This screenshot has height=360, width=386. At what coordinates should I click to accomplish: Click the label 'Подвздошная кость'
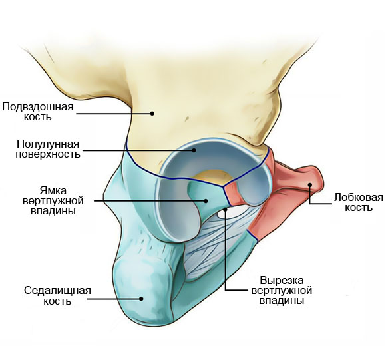tap(38, 112)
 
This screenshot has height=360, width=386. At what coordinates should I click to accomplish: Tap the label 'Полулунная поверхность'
tap(48, 149)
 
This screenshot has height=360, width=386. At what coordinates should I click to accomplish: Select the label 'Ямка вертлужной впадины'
tap(53, 201)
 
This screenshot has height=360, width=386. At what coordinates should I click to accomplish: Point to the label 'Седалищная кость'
tap(57, 295)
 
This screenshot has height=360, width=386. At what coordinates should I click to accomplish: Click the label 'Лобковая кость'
tap(359, 202)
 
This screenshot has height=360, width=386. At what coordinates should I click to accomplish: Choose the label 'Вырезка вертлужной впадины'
tap(282, 290)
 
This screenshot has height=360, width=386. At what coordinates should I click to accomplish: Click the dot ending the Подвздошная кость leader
tap(152, 113)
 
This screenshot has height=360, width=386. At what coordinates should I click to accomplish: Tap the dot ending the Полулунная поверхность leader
tap(194, 150)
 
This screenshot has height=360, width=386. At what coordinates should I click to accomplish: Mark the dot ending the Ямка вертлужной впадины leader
tap(206, 201)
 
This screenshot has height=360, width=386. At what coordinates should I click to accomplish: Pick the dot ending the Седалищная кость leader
tap(141, 299)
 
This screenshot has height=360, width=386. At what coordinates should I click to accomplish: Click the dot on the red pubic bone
tap(309, 184)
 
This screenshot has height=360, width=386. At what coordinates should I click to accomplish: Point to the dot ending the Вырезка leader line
tap(225, 209)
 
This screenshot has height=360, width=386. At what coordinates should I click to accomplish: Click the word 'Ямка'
tap(53, 191)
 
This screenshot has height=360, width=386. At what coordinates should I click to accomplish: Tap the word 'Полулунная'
tap(48, 144)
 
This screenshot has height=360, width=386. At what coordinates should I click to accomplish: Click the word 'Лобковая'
tap(359, 198)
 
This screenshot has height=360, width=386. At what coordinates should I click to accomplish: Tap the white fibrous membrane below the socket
tap(217, 236)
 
